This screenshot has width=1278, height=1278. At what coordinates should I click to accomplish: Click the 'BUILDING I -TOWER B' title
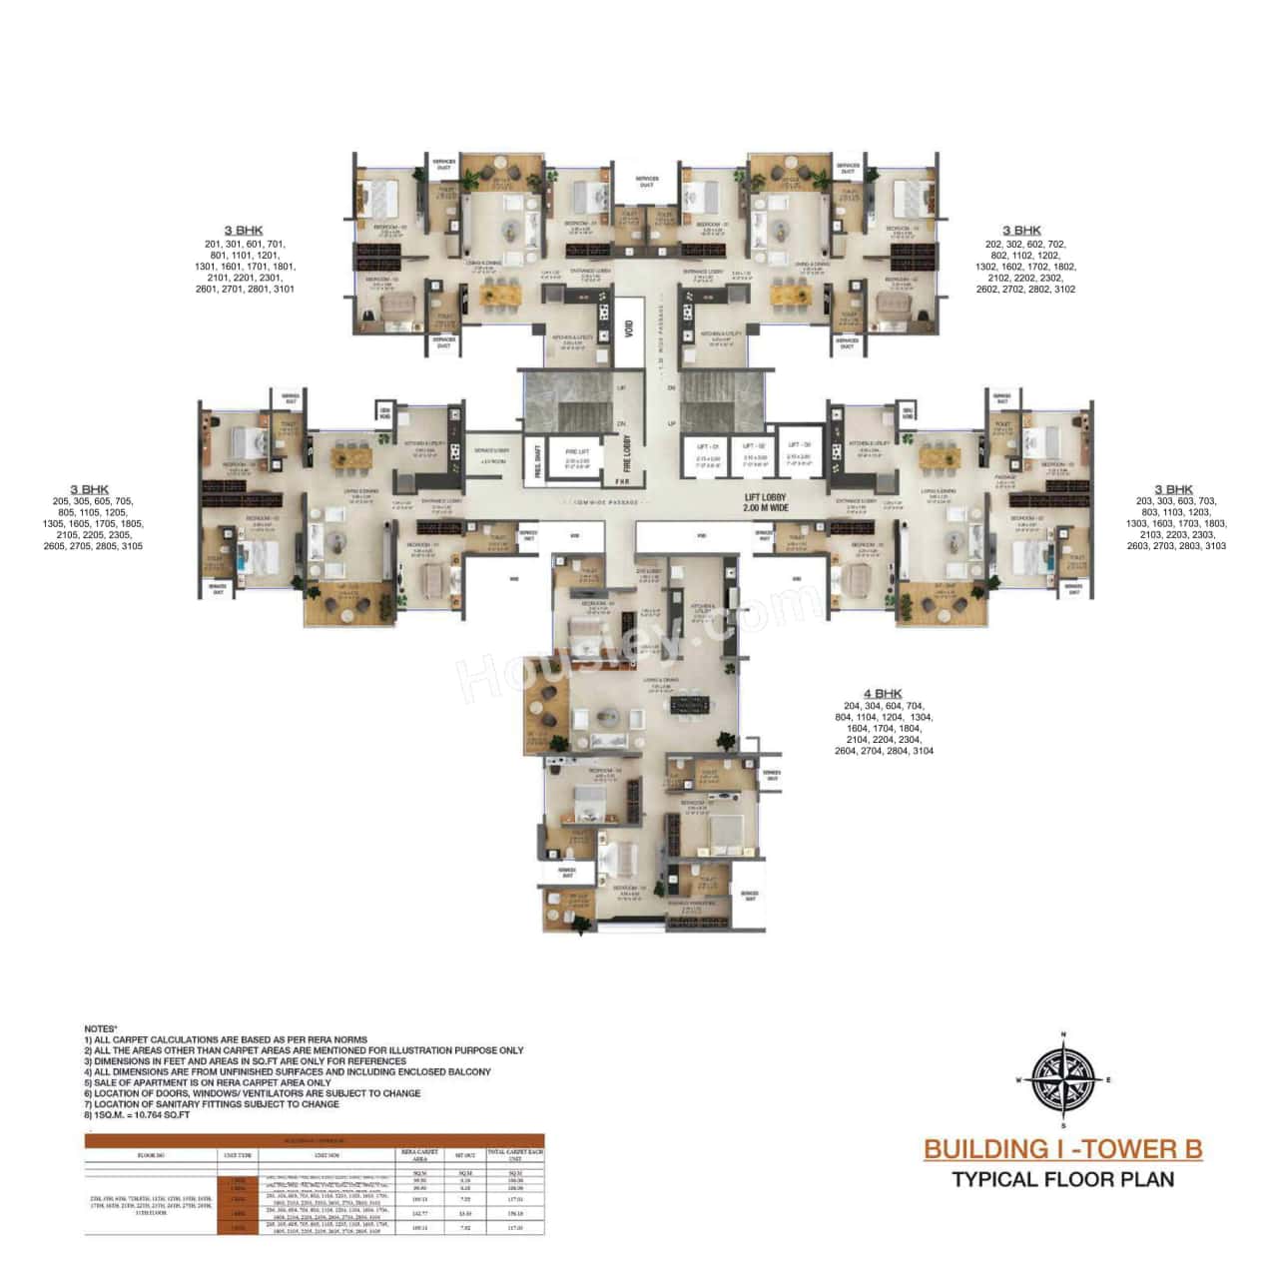(1062, 1149)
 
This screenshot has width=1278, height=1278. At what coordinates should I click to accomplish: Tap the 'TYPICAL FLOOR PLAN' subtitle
(1062, 1179)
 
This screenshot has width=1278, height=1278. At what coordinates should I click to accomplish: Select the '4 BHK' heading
(883, 693)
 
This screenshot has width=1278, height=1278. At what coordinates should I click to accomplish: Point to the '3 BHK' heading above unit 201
(245, 231)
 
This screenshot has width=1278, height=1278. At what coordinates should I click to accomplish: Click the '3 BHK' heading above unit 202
(1021, 231)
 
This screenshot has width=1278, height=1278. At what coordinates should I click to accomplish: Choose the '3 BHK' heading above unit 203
(1174, 489)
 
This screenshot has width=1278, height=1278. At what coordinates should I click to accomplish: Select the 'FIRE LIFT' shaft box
(578, 454)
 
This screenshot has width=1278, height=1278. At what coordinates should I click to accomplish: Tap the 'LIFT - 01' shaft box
(703, 455)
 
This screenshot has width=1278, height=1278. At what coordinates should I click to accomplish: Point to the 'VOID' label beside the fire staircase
(628, 328)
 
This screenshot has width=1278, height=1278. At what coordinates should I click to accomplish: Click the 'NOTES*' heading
(101, 1027)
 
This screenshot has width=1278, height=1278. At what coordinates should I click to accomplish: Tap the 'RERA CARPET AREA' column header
(420, 1155)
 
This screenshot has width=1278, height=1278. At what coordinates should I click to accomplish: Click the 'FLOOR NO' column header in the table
(150, 1155)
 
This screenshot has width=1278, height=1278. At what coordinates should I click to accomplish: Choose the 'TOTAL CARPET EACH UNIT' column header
(514, 1155)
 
